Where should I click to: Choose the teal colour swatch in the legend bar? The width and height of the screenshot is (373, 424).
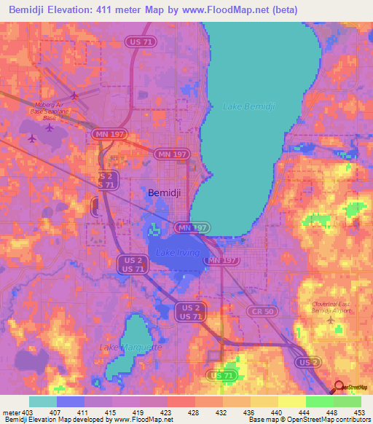42,401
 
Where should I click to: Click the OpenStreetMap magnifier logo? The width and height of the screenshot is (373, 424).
339,388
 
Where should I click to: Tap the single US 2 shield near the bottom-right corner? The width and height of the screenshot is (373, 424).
309,362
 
